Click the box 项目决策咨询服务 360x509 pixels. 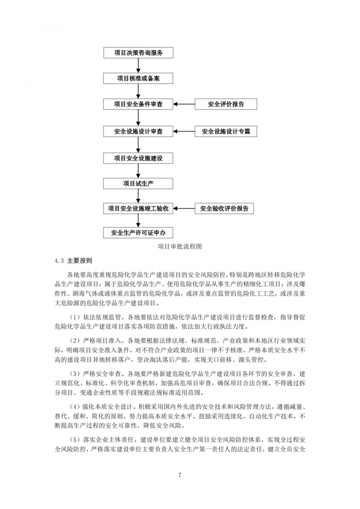138,53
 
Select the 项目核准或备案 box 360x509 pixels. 138,78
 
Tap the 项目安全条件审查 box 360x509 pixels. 138,104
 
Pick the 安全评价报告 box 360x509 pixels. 226,104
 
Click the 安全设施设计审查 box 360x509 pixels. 138,131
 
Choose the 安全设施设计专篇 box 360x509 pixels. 226,131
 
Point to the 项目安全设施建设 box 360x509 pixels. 138,158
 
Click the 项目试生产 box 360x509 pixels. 138,184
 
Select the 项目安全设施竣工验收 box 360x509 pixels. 138,208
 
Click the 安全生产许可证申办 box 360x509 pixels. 138,233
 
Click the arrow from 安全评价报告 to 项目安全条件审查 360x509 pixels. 184,104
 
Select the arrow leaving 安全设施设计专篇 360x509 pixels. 184,131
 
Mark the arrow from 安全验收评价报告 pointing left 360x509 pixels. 184,208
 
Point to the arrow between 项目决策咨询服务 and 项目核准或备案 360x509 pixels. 138,66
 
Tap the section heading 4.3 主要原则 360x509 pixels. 73,260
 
